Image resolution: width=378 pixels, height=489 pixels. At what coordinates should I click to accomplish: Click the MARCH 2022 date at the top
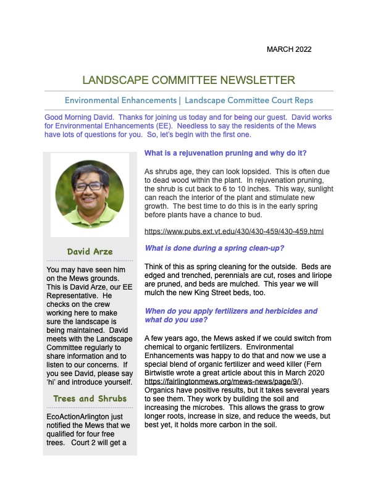pos(289,49)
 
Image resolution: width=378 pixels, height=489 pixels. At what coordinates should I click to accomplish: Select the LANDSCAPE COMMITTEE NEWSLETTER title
pos(188,80)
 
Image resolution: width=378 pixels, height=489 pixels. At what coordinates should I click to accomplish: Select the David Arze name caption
pos(90,251)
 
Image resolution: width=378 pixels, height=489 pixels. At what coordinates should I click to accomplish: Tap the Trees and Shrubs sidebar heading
pos(90,398)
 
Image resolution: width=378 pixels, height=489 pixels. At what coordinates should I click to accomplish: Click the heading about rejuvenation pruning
pos(225,153)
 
